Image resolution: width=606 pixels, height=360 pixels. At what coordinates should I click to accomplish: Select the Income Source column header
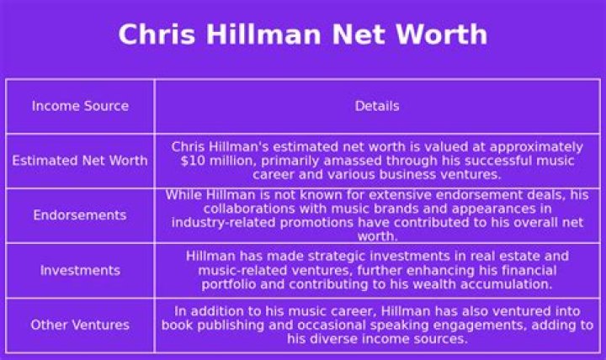80,106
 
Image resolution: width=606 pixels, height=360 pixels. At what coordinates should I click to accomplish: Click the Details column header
377,106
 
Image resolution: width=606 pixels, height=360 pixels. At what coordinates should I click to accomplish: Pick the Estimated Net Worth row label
80,161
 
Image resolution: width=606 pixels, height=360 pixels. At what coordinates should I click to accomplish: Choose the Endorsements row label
80,215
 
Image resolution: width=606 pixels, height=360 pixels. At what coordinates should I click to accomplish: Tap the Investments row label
80,270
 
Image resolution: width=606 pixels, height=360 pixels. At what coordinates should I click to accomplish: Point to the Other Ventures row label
80,325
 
